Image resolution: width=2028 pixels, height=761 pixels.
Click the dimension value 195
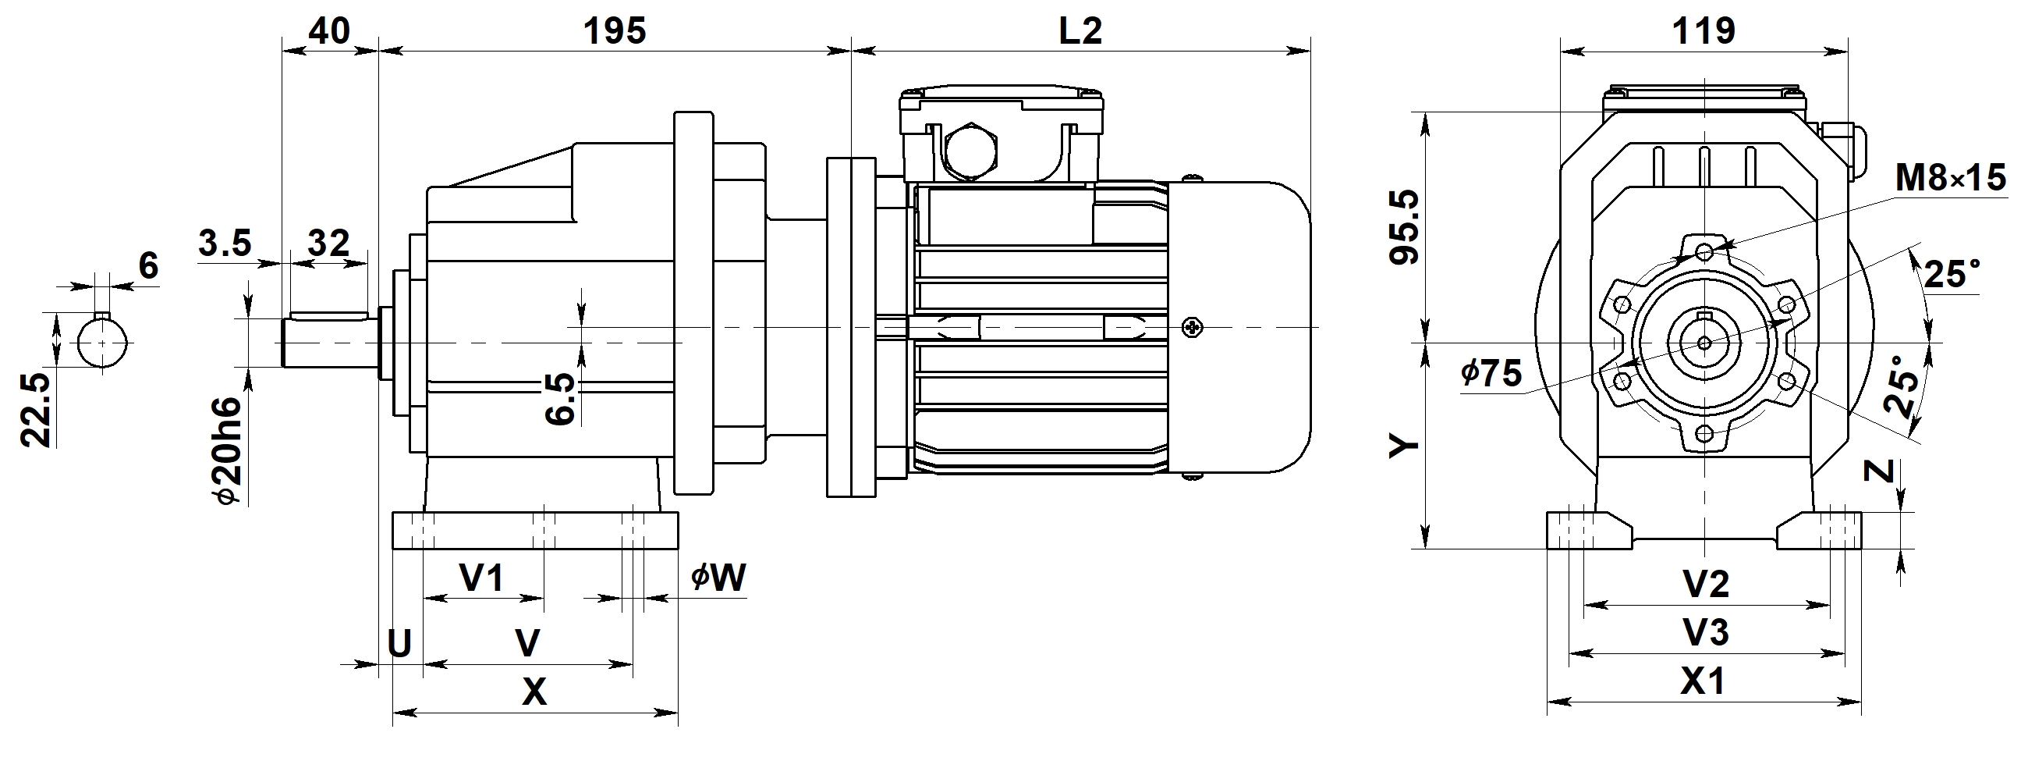(x=614, y=31)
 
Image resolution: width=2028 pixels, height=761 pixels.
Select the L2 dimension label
(x=1080, y=31)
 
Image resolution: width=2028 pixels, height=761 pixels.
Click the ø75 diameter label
(x=1491, y=373)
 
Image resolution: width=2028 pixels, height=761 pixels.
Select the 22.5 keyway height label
(x=36, y=411)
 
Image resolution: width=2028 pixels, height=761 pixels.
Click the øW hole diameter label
(x=717, y=578)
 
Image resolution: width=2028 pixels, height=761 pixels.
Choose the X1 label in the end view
(x=1703, y=682)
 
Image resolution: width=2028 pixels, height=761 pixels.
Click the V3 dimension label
(x=1706, y=632)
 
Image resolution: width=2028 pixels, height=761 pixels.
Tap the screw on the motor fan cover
(x=1193, y=327)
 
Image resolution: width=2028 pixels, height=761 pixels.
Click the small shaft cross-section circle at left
(x=103, y=343)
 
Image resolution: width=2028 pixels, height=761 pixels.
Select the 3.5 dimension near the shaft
(x=225, y=244)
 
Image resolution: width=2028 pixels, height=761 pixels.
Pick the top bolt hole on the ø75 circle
(x=1704, y=252)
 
